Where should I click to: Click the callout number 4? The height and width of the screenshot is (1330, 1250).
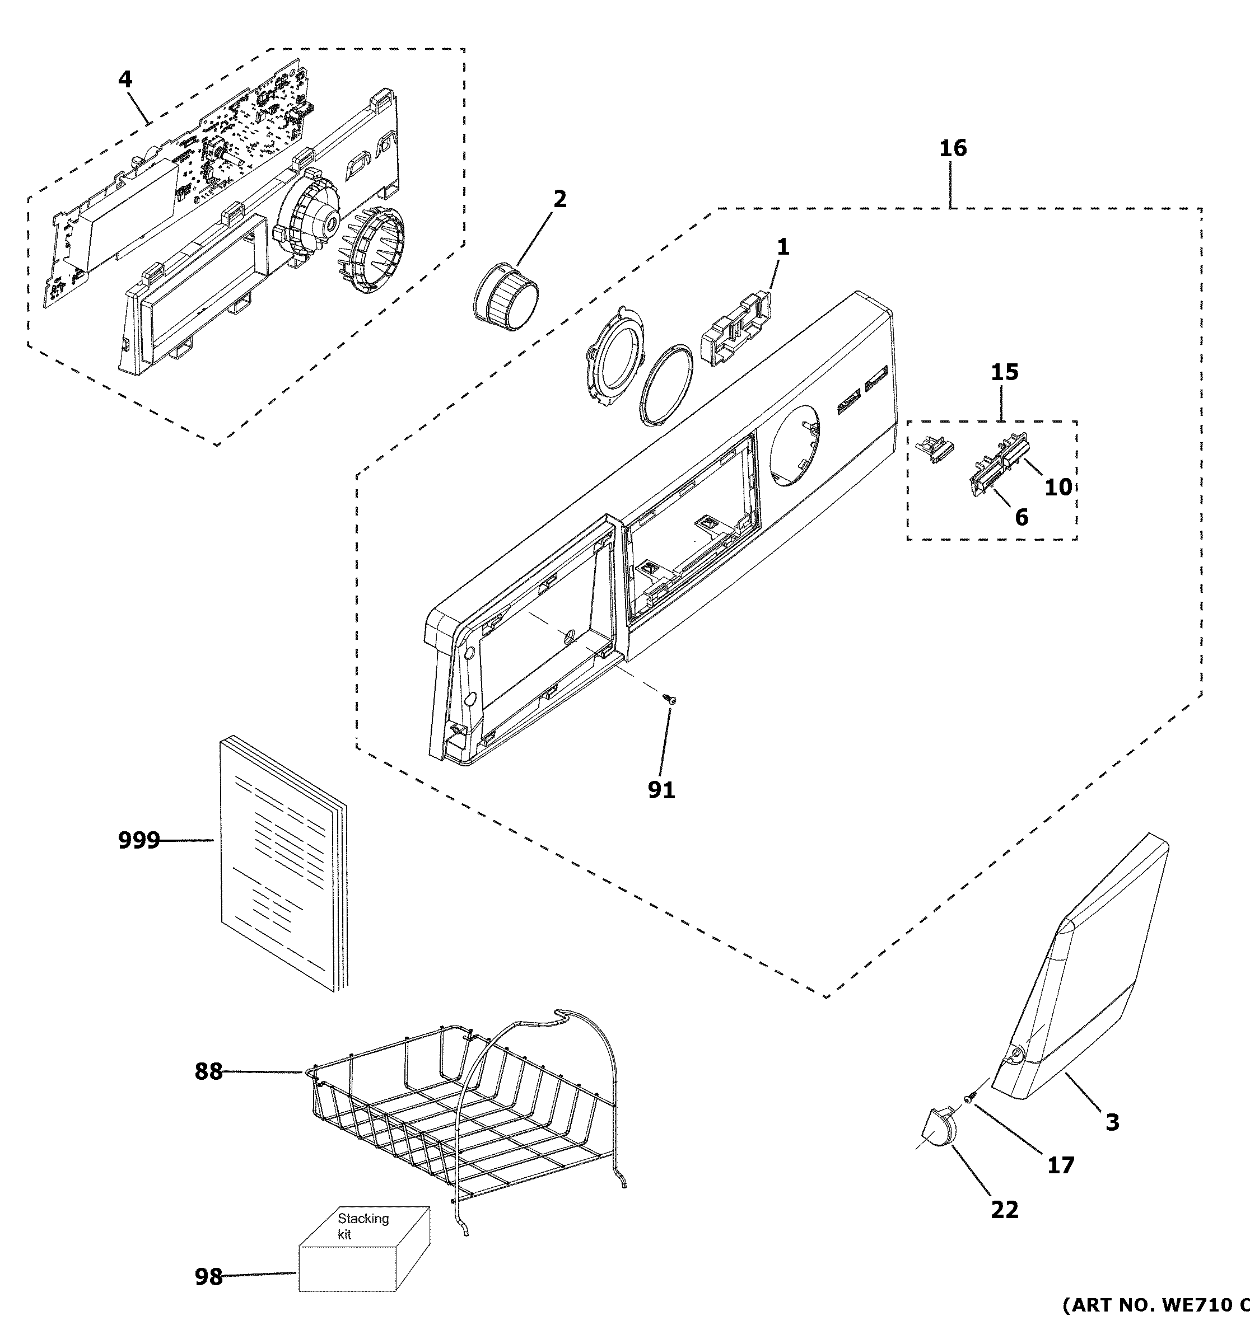[x=125, y=80]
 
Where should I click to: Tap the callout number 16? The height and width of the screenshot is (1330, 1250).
[x=953, y=148]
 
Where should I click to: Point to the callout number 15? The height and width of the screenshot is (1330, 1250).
[x=1004, y=372]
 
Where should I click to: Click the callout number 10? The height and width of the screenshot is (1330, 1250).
[x=1058, y=488]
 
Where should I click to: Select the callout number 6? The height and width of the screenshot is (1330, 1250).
[x=1021, y=517]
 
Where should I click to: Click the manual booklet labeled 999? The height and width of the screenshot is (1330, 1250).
[x=281, y=863]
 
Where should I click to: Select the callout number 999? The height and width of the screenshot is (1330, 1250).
[x=138, y=840]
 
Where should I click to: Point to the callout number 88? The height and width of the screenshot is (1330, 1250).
[x=208, y=1072]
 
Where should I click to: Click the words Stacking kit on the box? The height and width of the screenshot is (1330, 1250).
[x=362, y=1226]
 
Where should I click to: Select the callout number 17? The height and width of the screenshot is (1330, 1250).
[x=1060, y=1165]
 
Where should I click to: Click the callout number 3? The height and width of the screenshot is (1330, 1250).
[x=1112, y=1122]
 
